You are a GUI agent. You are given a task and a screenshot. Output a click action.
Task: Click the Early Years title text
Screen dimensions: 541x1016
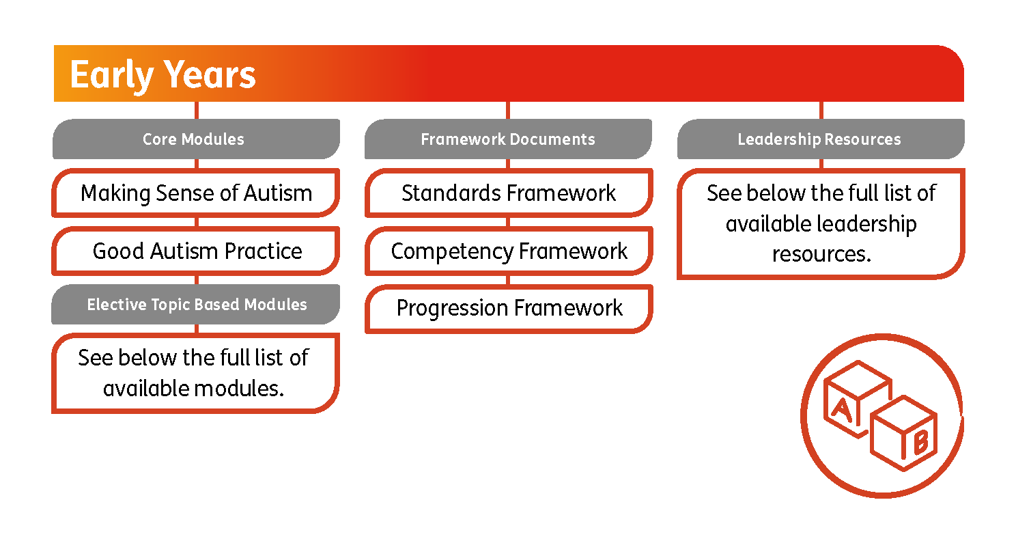pos(163,74)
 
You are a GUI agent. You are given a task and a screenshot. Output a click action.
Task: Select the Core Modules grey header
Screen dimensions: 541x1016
pos(194,139)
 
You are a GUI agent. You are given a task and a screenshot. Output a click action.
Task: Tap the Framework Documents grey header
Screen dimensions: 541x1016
pos(508,139)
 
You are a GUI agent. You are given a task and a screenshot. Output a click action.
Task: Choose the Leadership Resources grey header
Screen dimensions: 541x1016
pos(819,139)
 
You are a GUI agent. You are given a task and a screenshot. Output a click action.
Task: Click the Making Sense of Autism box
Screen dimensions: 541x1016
pos(196,193)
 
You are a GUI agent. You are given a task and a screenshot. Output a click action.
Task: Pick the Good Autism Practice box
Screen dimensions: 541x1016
pos(196,251)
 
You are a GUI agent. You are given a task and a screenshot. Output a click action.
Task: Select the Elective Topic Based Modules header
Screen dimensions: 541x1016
pos(196,305)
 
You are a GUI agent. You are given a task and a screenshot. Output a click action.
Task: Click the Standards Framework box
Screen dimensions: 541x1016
pos(508,193)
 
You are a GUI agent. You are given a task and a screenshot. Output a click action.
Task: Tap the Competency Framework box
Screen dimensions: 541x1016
pos(508,251)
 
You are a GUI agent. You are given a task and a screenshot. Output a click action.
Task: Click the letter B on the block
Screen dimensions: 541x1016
pos(920,444)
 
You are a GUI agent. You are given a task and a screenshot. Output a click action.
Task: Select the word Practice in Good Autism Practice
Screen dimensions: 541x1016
pos(264,251)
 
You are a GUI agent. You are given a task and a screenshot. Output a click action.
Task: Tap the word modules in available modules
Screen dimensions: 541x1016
pos(239,388)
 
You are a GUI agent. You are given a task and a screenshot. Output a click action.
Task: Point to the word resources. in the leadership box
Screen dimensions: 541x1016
pos(821,253)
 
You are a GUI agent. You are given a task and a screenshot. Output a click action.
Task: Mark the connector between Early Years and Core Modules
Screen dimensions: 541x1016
pos(197,110)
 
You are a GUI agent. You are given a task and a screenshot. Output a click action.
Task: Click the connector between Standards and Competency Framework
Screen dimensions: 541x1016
pos(508,222)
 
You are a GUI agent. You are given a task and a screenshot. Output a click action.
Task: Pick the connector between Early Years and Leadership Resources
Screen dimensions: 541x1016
pos(820,110)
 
